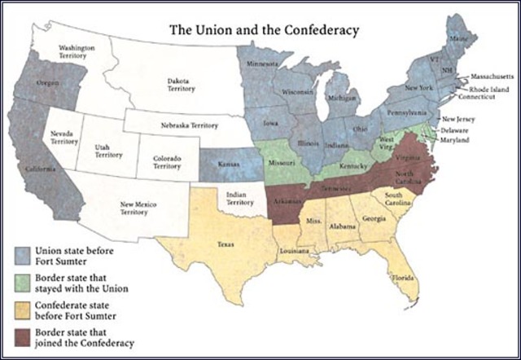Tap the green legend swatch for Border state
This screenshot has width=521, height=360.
[24, 282]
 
